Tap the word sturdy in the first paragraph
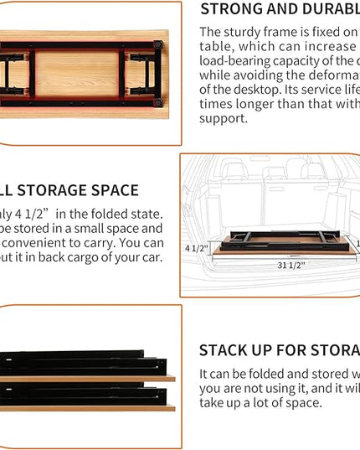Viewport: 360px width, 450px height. pyautogui.click(x=241, y=32)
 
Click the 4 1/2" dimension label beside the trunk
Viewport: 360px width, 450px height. pyautogui.click(x=195, y=248)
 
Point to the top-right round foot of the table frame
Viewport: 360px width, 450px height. pyautogui.click(x=157, y=42)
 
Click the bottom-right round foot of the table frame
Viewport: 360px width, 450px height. pyautogui.click(x=157, y=101)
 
